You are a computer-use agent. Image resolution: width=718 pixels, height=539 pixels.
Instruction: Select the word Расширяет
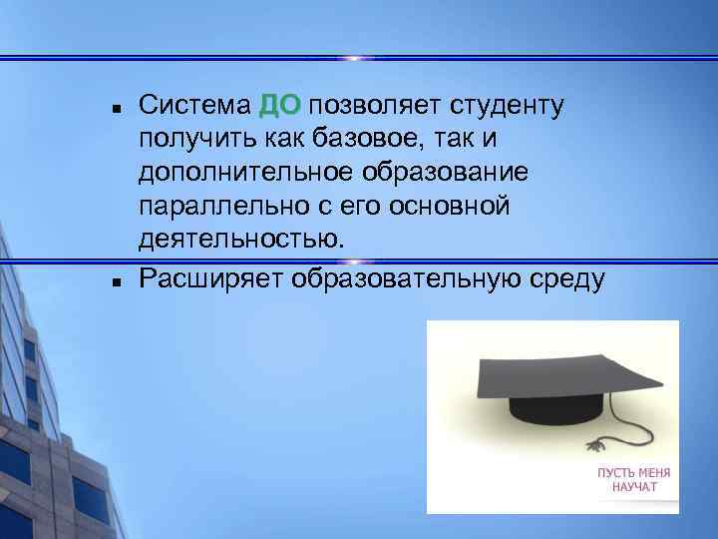(x=210, y=278)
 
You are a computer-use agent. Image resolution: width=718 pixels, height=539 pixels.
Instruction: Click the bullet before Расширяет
(x=117, y=281)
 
